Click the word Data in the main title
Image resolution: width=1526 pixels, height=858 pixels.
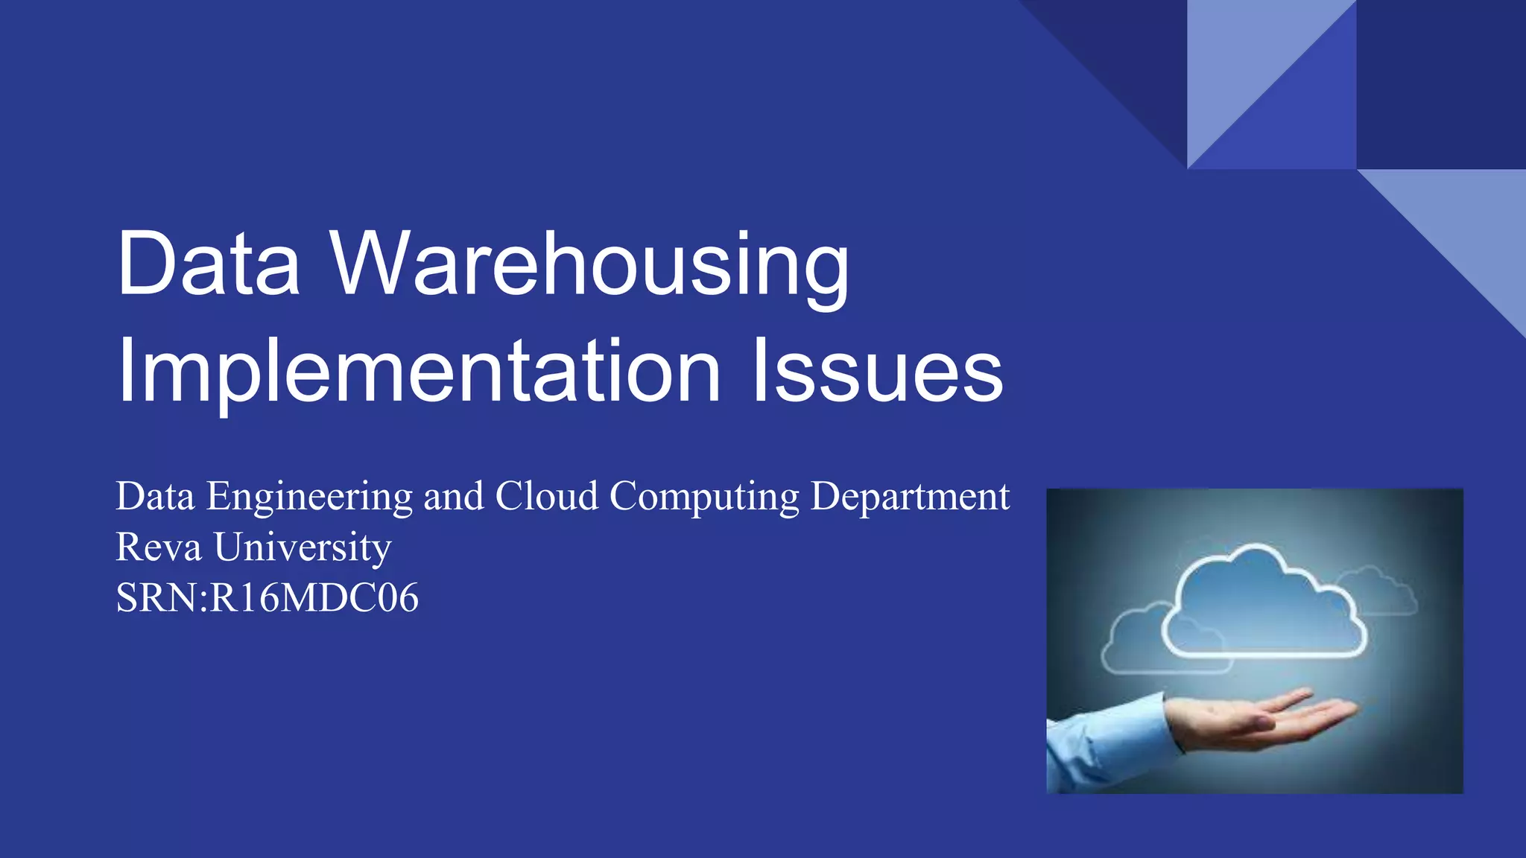(x=209, y=264)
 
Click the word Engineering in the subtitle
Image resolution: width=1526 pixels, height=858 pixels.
(x=309, y=498)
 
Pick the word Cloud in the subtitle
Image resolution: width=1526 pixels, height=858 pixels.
(x=547, y=496)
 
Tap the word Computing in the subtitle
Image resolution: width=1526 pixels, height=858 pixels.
(x=704, y=498)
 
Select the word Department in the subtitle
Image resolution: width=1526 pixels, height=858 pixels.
(x=910, y=498)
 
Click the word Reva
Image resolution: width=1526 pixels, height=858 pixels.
(x=159, y=547)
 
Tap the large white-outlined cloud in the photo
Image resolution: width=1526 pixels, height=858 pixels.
(x=1264, y=611)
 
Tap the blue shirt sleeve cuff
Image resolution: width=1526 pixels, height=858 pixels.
(x=1140, y=726)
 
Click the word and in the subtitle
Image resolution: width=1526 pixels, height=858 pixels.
(x=454, y=497)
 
